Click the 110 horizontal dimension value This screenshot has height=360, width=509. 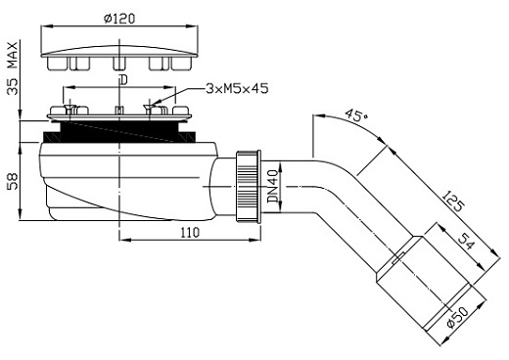click(189, 232)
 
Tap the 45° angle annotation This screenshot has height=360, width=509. click(355, 114)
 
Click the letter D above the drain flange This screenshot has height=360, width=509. click(120, 79)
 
